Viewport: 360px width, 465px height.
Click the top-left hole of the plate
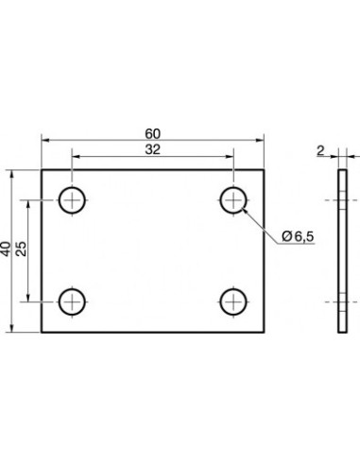[x=73, y=199]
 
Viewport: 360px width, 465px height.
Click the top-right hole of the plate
[x=233, y=199]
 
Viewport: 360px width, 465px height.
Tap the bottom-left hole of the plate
[x=73, y=301]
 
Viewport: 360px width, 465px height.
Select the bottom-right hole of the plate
[x=233, y=301]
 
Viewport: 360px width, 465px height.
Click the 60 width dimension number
[x=153, y=131]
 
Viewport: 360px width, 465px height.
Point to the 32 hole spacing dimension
[x=153, y=149]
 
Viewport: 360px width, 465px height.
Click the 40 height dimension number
[x=8, y=250]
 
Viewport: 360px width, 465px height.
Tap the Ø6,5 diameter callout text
[x=298, y=236]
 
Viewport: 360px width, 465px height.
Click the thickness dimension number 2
[x=322, y=149]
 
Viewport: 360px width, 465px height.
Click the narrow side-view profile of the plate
[x=342, y=250]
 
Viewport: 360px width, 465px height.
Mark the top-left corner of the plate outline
[x=42, y=170]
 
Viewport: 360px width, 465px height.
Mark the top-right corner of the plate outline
[x=266, y=170]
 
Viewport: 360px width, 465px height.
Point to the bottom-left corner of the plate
[x=42, y=332]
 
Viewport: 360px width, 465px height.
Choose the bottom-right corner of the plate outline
[x=266, y=332]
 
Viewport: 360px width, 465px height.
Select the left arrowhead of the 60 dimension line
[x=45, y=139]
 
